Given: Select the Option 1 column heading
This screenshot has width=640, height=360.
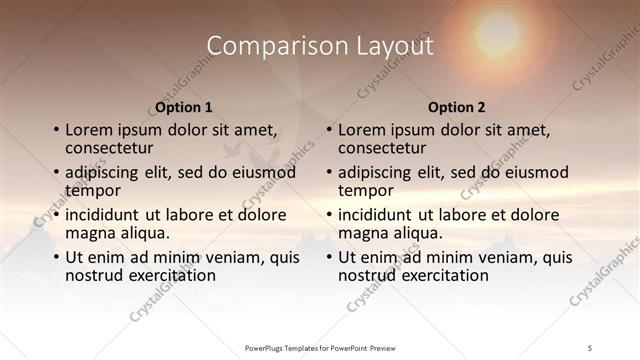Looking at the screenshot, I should point(184,107).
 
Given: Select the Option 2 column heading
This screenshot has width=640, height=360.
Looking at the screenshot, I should point(456,107).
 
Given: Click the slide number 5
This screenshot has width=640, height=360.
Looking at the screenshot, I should point(590,346).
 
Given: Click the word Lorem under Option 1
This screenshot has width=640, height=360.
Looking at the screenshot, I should point(88,130).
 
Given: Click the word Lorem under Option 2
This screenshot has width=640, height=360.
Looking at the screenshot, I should point(361,130).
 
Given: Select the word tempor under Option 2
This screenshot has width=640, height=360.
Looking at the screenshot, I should point(366,189).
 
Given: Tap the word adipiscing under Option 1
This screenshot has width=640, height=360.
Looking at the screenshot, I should point(104,172).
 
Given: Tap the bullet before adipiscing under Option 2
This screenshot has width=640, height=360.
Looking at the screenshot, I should point(328,173).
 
